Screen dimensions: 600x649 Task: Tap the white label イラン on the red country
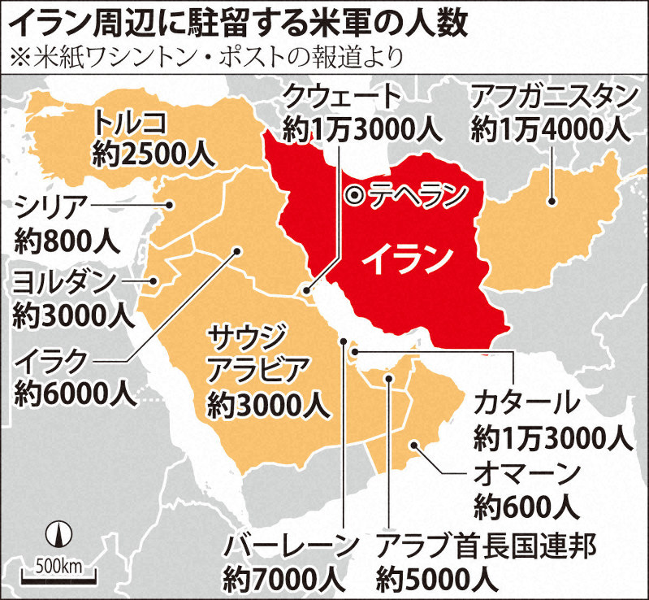406,259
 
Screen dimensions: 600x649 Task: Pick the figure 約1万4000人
550,128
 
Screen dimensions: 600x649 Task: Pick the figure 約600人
528,507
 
